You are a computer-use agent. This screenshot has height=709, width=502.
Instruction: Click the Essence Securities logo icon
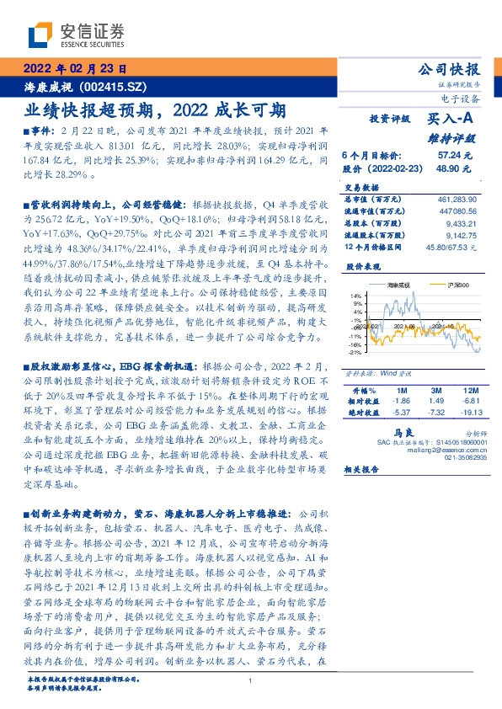(40, 35)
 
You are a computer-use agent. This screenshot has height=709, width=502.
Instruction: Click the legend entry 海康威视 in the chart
(396, 286)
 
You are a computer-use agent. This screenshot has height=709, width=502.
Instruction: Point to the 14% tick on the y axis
(356, 296)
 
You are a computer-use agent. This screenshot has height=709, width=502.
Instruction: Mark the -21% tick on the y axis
(355, 352)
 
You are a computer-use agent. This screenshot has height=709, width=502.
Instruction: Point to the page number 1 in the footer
(251, 680)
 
